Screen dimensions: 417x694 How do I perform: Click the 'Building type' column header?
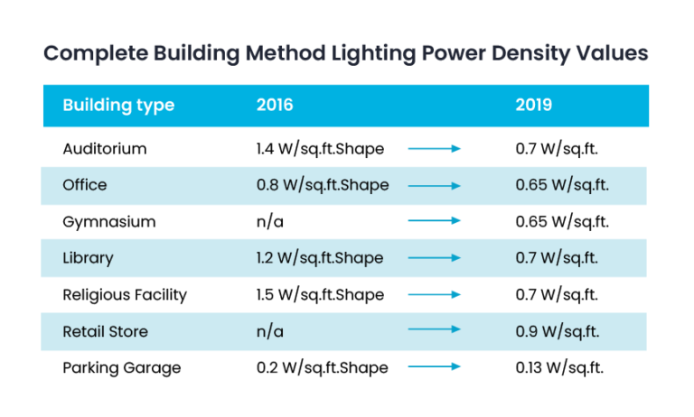click(x=118, y=106)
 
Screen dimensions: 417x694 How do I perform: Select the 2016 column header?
click(x=275, y=106)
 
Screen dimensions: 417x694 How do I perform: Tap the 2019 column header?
click(x=534, y=106)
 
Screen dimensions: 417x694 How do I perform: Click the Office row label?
click(x=85, y=185)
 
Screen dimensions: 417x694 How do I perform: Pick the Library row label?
click(x=88, y=258)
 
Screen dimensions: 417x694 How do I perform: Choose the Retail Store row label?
click(x=105, y=331)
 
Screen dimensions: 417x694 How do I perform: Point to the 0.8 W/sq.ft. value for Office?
click(x=322, y=185)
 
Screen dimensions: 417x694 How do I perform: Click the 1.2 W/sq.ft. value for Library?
click(x=319, y=258)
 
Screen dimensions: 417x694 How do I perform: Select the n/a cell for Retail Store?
click(x=270, y=331)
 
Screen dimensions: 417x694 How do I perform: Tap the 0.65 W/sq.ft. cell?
click(x=562, y=185)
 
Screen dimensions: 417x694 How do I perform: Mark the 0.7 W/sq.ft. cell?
click(x=558, y=258)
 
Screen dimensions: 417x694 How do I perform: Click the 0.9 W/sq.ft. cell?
click(x=558, y=331)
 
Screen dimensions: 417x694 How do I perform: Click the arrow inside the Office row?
click(x=435, y=185)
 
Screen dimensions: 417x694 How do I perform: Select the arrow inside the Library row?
click(x=435, y=258)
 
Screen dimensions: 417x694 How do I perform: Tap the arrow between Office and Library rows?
click(x=435, y=220)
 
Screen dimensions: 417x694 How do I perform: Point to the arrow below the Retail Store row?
click(x=435, y=366)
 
